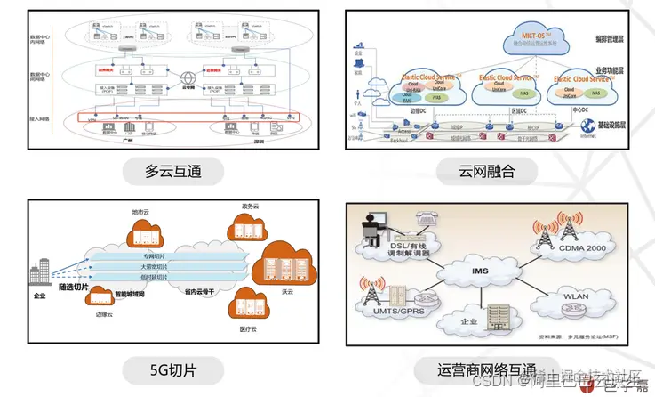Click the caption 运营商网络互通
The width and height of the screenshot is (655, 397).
[x=487, y=369]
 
